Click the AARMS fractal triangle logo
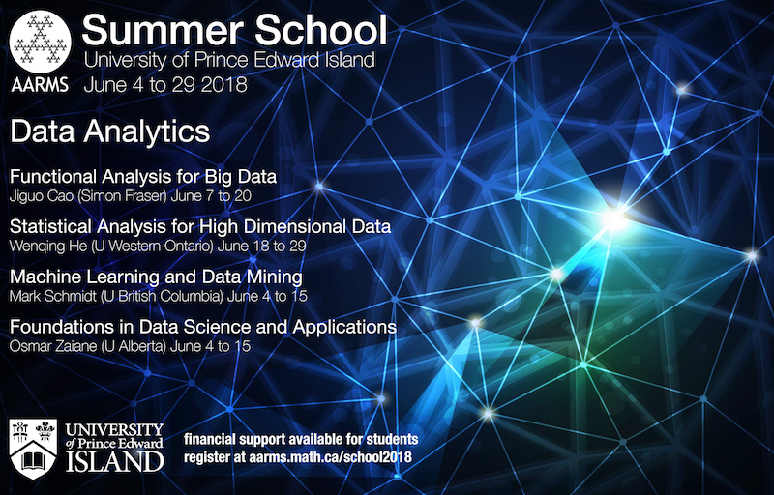tap(41, 42)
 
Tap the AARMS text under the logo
tap(40, 85)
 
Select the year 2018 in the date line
tap(221, 85)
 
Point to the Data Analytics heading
tap(110, 131)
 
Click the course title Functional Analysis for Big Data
tap(143, 177)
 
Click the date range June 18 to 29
tap(261, 246)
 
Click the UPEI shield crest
tap(33, 449)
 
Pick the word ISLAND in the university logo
tap(114, 461)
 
